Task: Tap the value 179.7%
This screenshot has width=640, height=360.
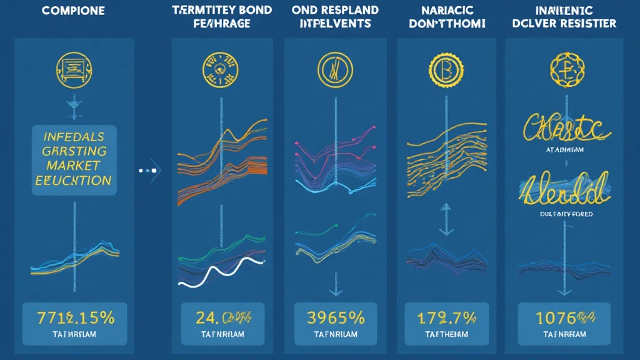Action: tap(445, 317)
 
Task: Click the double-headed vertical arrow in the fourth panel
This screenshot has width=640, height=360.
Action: tap(445, 219)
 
